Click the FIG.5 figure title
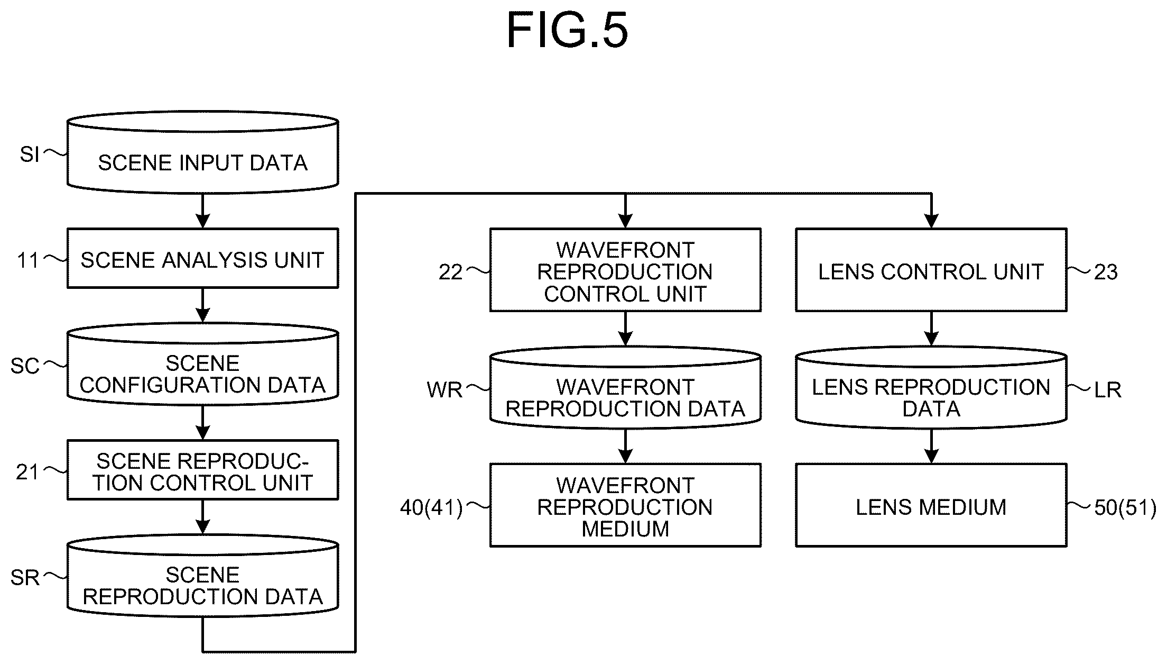coord(567,31)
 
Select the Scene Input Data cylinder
coord(202,152)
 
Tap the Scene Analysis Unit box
coord(202,258)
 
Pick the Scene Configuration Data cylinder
coord(202,364)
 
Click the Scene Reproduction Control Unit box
coord(202,470)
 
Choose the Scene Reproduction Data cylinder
coord(202,576)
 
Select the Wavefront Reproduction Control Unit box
coord(625,270)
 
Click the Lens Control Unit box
coord(931,270)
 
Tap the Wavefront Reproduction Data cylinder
coord(625,387)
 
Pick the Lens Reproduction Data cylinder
coord(931,387)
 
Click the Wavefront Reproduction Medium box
coord(625,505)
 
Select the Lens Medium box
coord(931,505)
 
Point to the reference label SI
coord(30,154)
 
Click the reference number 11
coord(28,261)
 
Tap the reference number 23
coord(1106,272)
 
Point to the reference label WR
coord(444,390)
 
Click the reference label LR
coord(1108,390)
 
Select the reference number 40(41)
coord(431,508)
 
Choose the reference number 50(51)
coord(1125,508)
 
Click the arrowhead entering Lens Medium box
coord(931,457)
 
